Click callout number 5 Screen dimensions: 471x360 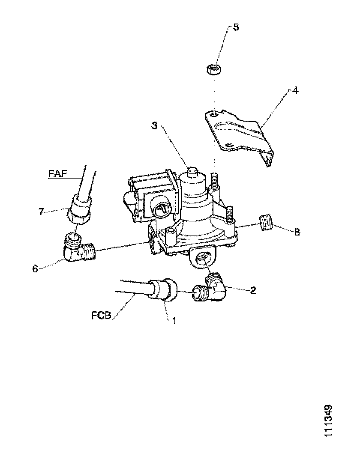point(236,27)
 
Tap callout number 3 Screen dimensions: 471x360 point(155,126)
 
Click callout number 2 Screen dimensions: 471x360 point(253,290)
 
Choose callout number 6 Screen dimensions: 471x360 point(36,269)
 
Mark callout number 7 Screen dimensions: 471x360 point(42,211)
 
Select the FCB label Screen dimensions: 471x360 point(102,316)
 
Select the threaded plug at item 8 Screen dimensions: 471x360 point(266,224)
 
